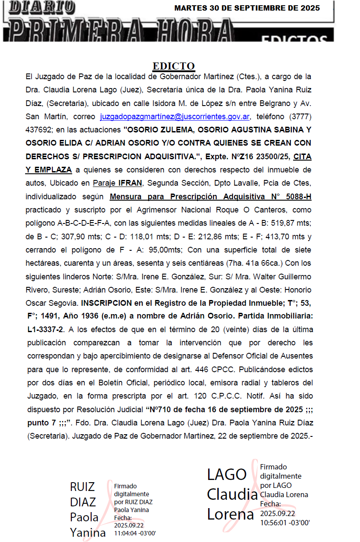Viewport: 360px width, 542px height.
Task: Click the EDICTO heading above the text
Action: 173,66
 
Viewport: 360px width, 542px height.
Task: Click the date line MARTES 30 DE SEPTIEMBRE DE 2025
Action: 247,8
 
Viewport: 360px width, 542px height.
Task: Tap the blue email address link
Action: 175,117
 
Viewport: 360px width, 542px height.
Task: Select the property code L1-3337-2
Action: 45,330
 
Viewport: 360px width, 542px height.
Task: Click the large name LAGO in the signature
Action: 227,474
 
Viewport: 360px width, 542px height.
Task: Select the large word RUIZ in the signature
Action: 82,487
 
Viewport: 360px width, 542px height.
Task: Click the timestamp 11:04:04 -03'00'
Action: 135,533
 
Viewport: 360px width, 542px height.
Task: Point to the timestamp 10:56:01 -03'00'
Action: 285,523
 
